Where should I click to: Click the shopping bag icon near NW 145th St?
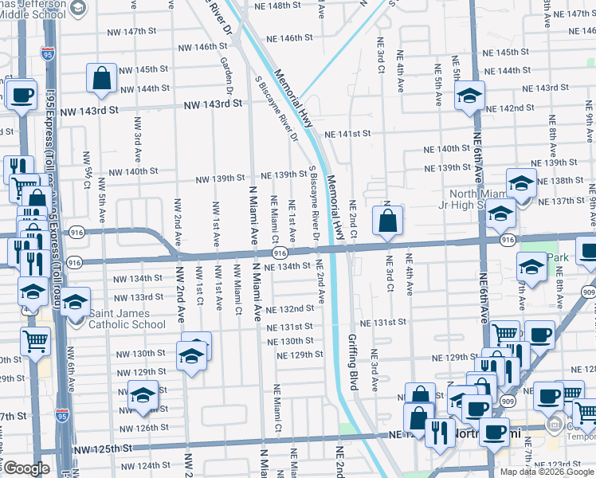[103, 78]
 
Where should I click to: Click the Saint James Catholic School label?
[127, 319]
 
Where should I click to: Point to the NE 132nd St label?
[291, 308]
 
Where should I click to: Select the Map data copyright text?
[547, 472]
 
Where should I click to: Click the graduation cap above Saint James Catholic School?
[76, 302]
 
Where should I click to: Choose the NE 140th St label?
[447, 149]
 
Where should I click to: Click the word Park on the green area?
[559, 258]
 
